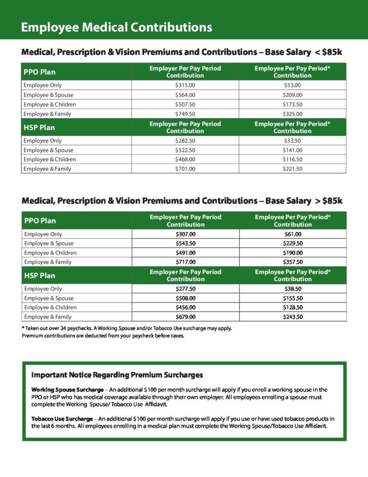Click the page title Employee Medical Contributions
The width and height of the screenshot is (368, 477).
point(116,27)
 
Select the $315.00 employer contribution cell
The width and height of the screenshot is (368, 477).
point(185,85)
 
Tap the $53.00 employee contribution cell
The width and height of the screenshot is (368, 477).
point(292,85)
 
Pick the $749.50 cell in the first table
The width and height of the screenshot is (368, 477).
point(185,114)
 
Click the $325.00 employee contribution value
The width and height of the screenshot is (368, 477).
point(292,114)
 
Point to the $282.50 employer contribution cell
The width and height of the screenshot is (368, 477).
point(185,141)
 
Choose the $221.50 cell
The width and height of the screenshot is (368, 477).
point(292,169)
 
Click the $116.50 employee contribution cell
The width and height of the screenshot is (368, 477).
point(292,159)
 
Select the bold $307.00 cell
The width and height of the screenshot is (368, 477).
point(186,234)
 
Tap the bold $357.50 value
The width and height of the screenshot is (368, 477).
point(293,262)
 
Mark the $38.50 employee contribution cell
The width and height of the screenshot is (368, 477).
point(293,289)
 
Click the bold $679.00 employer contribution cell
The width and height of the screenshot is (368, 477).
point(186,317)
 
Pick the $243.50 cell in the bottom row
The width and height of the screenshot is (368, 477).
point(293,317)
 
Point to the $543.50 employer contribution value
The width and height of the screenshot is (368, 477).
point(186,243)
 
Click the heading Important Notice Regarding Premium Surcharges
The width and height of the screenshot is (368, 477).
point(117,375)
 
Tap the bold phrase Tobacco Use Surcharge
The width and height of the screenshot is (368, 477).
point(62,419)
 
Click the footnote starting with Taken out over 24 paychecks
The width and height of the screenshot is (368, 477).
point(127,328)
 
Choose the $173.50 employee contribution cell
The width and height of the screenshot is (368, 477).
point(292,104)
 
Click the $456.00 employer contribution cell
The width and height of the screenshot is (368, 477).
point(186,307)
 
